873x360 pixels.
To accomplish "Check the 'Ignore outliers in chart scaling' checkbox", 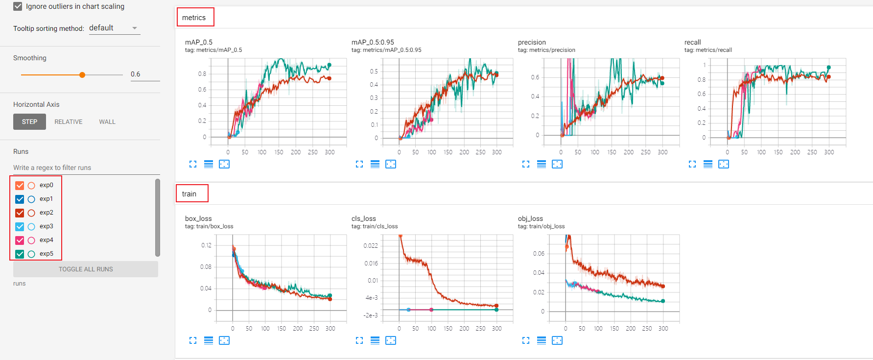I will (18, 6).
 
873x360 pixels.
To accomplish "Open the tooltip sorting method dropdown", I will (114, 28).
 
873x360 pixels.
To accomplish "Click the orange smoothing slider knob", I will (82, 75).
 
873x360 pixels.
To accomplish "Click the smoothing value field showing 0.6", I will (144, 74).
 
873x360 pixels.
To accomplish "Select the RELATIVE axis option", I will (68, 122).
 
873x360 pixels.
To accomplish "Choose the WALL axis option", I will (107, 122).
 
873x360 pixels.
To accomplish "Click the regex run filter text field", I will (86, 168).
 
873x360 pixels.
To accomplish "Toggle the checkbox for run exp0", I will (20, 185).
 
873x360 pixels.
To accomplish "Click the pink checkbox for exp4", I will (20, 240).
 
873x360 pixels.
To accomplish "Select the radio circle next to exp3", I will (31, 226).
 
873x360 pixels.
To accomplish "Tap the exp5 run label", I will (47, 254).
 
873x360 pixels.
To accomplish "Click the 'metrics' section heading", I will (194, 18).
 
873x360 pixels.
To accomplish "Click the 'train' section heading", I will (189, 194).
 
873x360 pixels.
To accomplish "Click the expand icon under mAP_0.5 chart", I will (193, 164).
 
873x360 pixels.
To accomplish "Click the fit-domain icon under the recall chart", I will (724, 164).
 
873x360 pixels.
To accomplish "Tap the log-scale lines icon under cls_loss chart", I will (375, 340).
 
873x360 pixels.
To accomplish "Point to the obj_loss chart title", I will (530, 218).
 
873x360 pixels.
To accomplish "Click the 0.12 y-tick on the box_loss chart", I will (206, 245).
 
